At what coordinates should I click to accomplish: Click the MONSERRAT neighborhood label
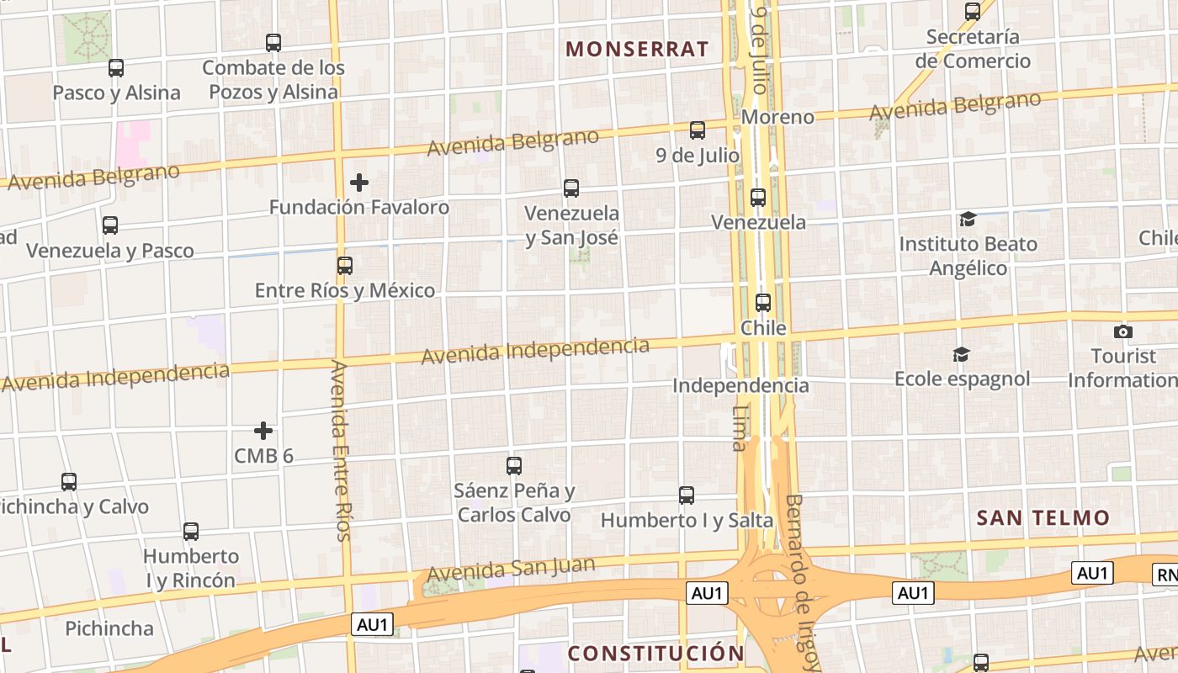(x=637, y=49)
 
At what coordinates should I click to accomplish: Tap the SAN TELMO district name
(x=1043, y=517)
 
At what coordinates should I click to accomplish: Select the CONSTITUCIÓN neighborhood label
(x=656, y=653)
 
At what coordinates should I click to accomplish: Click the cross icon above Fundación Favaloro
(x=359, y=183)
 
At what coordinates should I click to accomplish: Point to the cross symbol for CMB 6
(x=263, y=432)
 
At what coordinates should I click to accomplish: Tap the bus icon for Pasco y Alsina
(x=116, y=68)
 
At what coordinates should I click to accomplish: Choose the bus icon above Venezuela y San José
(x=571, y=188)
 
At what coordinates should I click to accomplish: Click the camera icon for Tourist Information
(x=1122, y=331)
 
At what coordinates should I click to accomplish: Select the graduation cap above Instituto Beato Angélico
(x=968, y=220)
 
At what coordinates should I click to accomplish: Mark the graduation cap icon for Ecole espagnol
(x=961, y=355)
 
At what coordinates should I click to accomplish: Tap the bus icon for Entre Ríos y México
(x=344, y=266)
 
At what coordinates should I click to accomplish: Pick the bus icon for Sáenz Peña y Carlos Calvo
(x=514, y=465)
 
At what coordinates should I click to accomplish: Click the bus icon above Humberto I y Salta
(x=687, y=495)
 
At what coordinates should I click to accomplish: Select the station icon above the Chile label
(x=763, y=303)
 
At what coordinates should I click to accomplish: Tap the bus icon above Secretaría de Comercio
(x=973, y=12)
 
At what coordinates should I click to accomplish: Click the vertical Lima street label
(x=740, y=428)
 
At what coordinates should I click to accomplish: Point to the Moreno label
(x=777, y=117)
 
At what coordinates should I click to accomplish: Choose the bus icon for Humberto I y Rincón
(x=191, y=532)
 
